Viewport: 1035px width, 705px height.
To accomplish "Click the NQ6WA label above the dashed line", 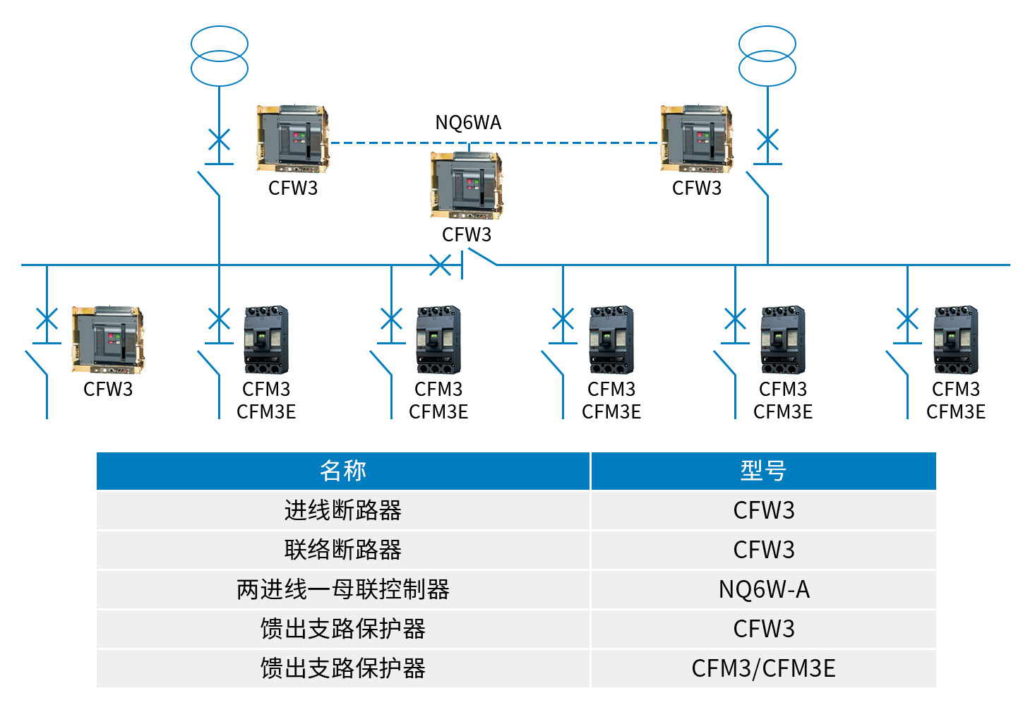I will click(x=468, y=123).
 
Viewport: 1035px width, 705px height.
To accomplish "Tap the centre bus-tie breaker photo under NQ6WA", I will click(x=467, y=185).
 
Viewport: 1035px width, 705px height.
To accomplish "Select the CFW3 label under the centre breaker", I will click(x=467, y=234).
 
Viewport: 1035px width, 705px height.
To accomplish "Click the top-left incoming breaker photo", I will click(x=293, y=139).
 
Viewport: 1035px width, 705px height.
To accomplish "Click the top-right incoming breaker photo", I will click(x=697, y=139).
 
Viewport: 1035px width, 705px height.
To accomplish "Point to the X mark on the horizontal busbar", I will click(x=440, y=265).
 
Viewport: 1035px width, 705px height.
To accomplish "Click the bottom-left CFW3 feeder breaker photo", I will click(x=108, y=339).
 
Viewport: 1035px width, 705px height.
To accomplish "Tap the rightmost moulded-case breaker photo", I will click(x=956, y=339).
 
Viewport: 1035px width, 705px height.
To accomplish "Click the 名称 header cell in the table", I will click(x=343, y=471).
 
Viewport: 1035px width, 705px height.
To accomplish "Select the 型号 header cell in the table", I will click(x=763, y=471).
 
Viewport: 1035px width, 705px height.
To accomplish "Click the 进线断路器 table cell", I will click(x=343, y=510).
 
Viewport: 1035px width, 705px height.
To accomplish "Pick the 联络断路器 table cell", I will click(x=343, y=550).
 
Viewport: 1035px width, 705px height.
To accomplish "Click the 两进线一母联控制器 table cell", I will click(x=343, y=589).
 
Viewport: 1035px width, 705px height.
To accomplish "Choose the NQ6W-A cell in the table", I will click(x=763, y=589).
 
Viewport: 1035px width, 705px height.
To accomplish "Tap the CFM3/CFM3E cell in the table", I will click(x=763, y=668).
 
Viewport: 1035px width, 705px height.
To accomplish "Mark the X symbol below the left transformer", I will click(x=220, y=139).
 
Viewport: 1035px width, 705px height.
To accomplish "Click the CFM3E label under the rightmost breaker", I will click(x=956, y=411).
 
